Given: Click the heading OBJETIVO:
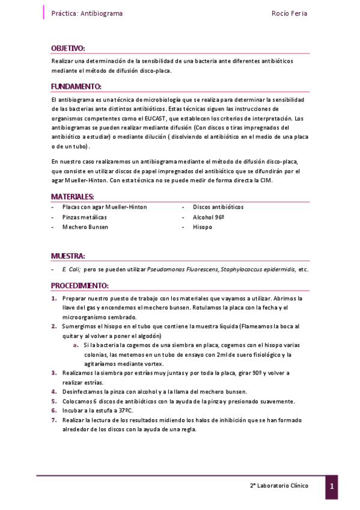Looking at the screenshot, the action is (68, 48).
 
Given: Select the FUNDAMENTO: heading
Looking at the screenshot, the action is (76, 86).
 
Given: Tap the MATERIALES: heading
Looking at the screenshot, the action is (72, 197).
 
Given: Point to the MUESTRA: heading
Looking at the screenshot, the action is (68, 256).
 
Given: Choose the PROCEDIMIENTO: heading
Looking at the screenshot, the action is (79, 285).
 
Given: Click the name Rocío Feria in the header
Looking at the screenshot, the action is (290, 13).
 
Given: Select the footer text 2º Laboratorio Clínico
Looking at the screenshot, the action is (279, 485).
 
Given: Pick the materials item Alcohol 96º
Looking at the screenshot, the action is (209, 217).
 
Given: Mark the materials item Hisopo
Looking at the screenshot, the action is (203, 227).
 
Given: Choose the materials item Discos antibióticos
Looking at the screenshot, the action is (218, 207).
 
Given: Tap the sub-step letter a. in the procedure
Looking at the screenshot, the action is (76, 345).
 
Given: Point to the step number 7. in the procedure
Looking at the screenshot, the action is (53, 420).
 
